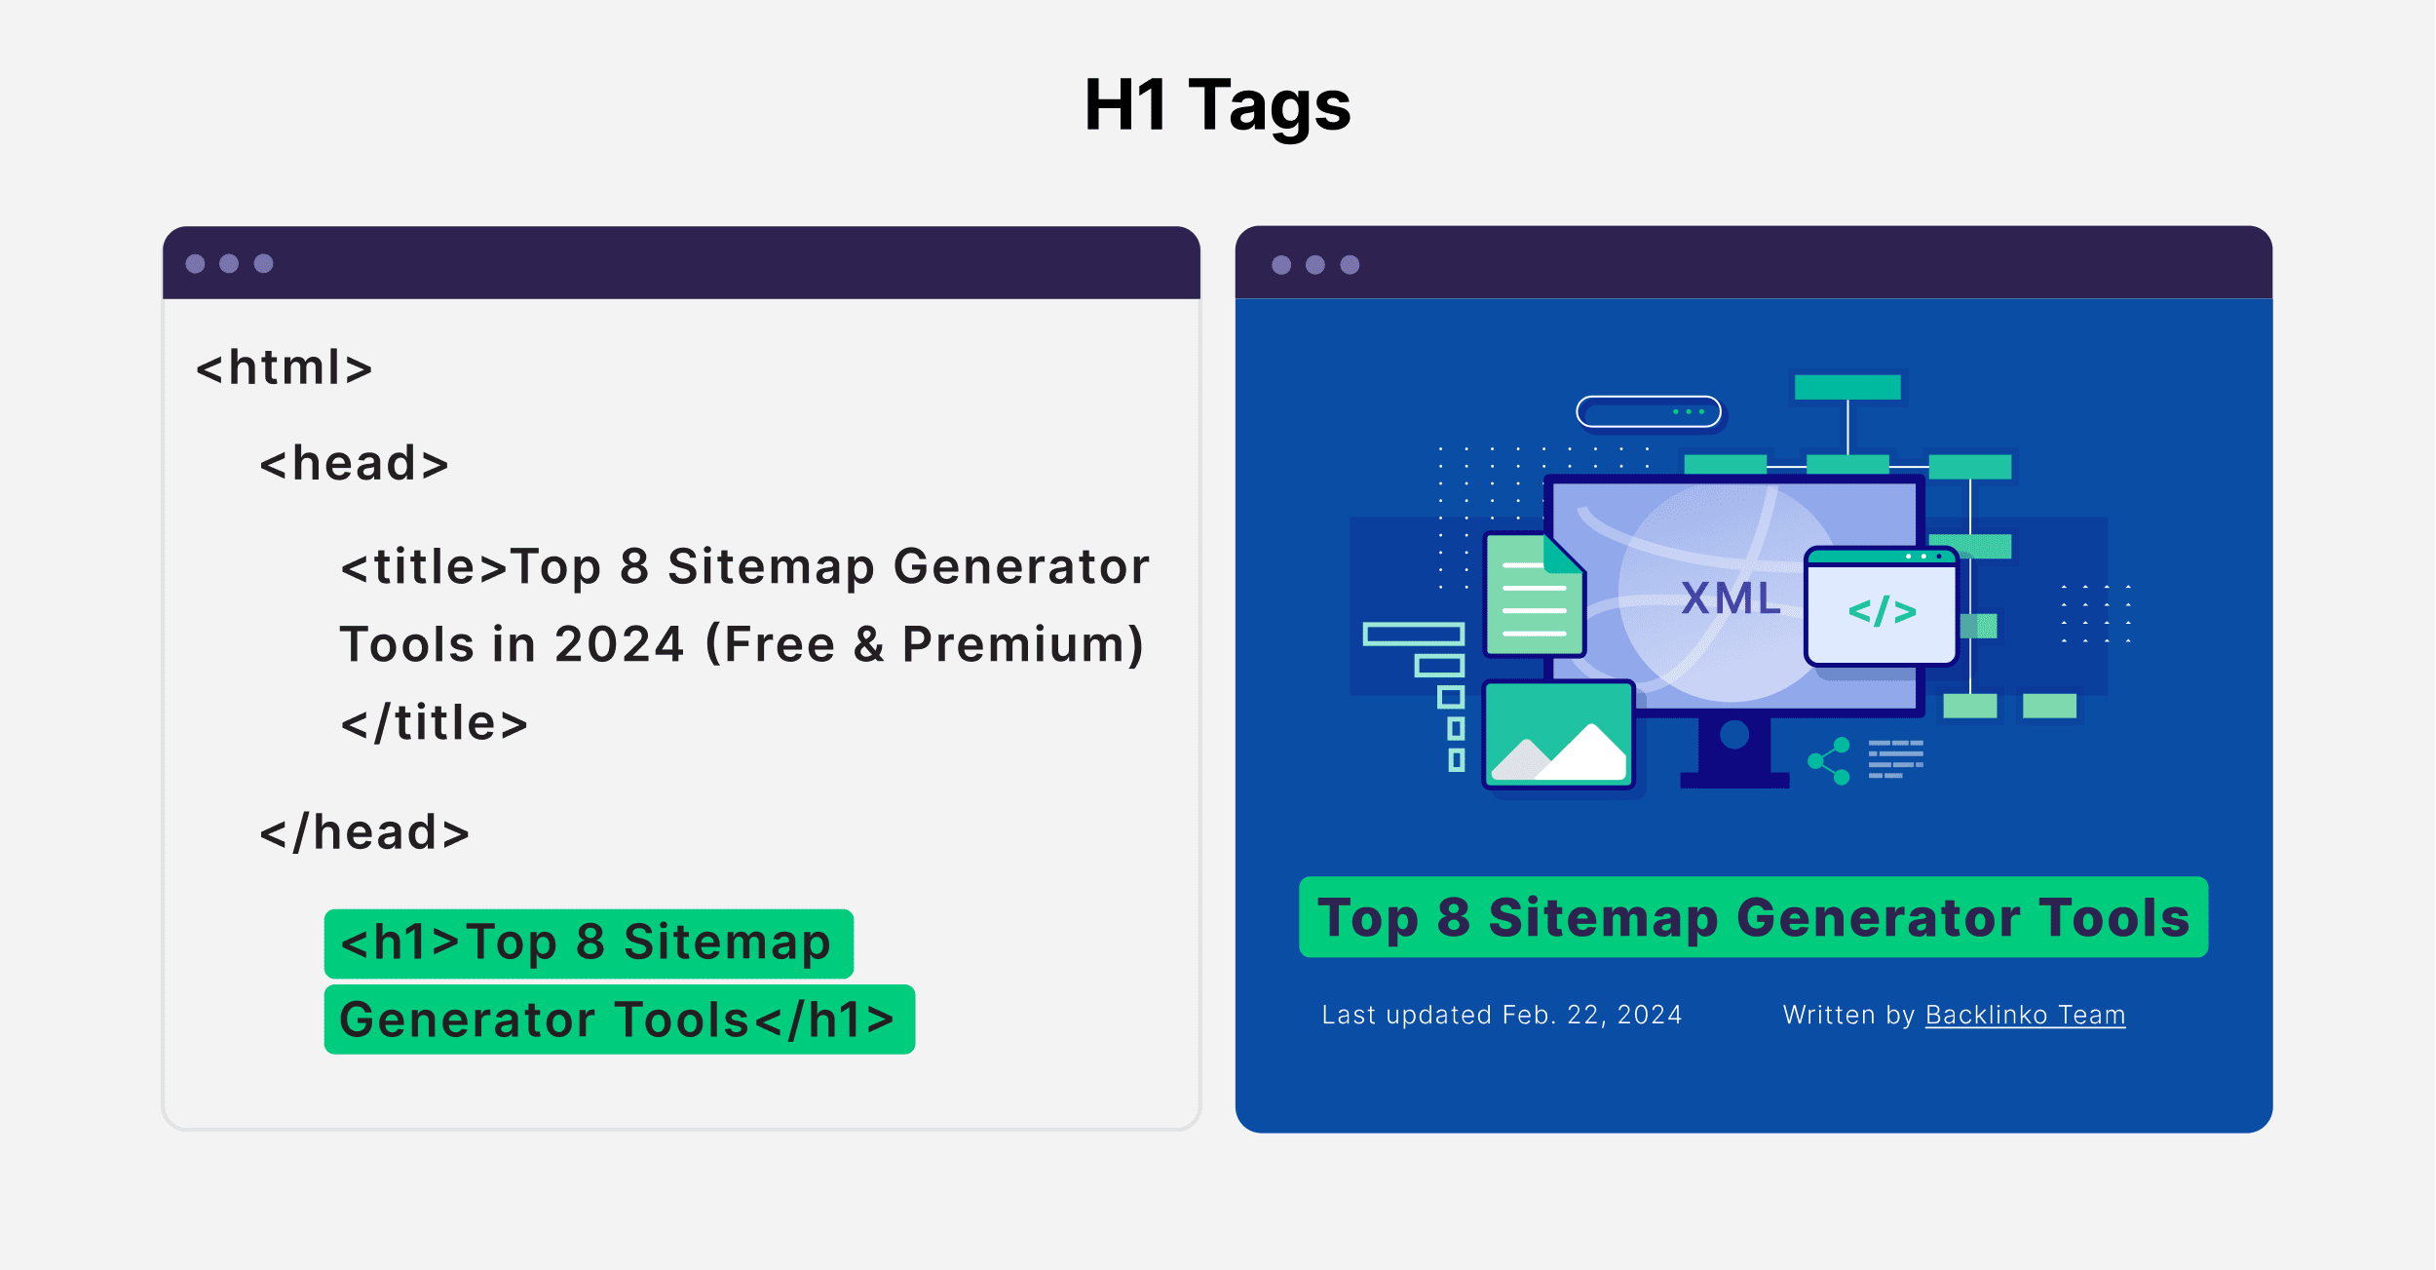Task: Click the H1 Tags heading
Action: [1217, 105]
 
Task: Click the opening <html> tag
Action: [284, 368]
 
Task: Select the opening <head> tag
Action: [354, 464]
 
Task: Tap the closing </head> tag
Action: [364, 833]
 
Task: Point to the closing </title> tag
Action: [434, 723]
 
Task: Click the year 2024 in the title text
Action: [620, 645]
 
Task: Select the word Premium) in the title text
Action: [1023, 645]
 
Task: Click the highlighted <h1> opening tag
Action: [400, 943]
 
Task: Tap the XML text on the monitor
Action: [1732, 598]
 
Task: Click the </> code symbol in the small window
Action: [1882, 612]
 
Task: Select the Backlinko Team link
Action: [2025, 1016]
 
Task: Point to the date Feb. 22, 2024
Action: [1592, 1016]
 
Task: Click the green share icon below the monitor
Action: [1829, 761]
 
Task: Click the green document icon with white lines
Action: [1534, 595]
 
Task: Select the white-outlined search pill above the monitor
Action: [1649, 411]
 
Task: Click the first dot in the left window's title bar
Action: [195, 264]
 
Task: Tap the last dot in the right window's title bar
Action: [1350, 265]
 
